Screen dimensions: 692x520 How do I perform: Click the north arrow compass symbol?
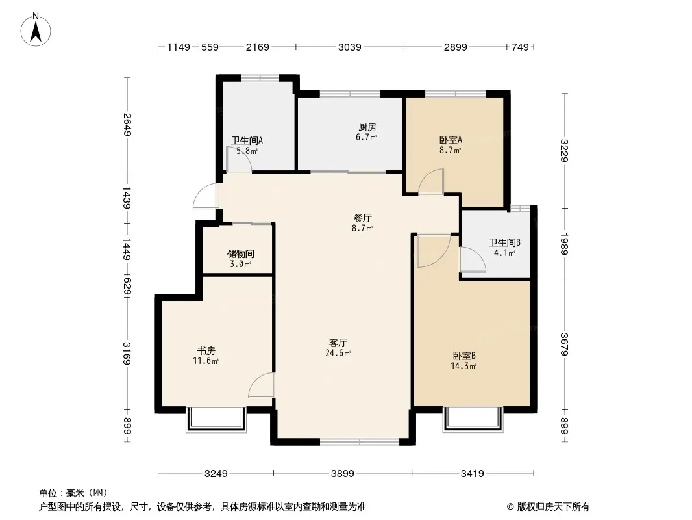coord(36,30)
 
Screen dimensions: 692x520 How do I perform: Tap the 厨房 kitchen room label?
coord(367,127)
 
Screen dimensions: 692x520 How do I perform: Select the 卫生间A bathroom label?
coord(247,140)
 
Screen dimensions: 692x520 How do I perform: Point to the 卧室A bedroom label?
coord(451,140)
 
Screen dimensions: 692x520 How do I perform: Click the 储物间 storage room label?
coord(241,254)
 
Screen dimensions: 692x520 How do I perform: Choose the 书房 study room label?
coord(206,351)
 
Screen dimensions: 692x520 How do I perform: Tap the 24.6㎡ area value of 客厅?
coord(338,354)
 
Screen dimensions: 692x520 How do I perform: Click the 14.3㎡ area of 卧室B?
coord(463,366)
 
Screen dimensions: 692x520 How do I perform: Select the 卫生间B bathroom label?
coord(504,242)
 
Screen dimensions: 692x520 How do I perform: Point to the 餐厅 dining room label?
coord(363,218)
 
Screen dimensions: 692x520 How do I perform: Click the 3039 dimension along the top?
coord(349,47)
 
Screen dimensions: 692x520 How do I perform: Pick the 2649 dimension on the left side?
coord(127,125)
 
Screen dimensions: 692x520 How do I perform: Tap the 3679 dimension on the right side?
coord(565,344)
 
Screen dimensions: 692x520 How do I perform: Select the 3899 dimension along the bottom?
coord(343,474)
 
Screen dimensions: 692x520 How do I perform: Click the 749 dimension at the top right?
coord(521,47)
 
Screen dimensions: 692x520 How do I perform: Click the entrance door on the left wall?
coord(206,196)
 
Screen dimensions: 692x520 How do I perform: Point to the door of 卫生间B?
coord(473,260)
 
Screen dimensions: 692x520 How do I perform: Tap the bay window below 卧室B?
coord(473,419)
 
